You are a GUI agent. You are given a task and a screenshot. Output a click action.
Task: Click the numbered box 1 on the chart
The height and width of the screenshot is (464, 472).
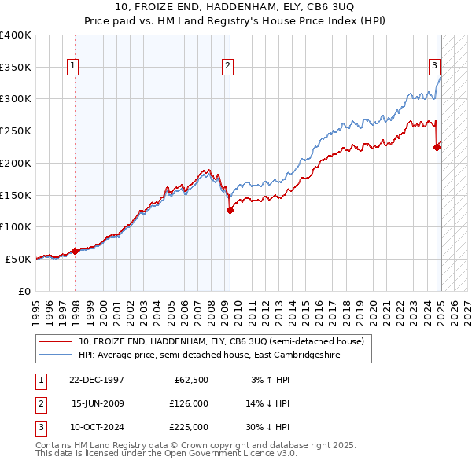point(72,67)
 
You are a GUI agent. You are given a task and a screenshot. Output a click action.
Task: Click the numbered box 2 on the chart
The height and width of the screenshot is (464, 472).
point(227,67)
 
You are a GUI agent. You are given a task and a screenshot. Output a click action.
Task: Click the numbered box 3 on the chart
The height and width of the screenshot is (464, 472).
point(434,67)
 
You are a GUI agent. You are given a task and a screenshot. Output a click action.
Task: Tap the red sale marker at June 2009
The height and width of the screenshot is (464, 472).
point(230,210)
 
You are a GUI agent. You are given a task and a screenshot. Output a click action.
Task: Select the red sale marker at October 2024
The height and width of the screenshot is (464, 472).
point(437,147)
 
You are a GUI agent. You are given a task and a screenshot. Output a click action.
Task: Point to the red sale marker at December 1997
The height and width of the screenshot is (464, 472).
point(76,251)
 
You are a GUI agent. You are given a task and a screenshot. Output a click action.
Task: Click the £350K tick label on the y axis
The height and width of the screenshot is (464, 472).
point(16,68)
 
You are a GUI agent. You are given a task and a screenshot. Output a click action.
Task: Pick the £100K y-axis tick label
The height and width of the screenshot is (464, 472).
point(16,226)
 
